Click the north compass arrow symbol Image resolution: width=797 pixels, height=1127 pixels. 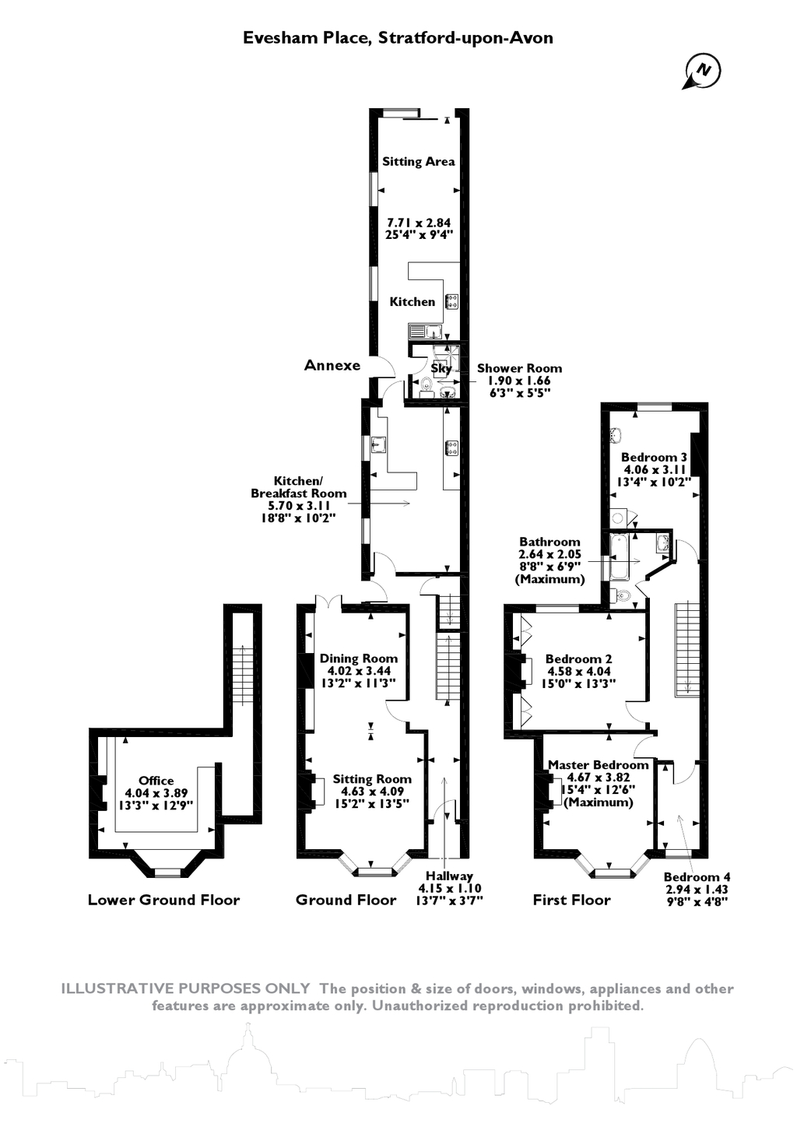(702, 72)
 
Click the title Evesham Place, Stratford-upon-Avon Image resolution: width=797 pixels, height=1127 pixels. (398, 37)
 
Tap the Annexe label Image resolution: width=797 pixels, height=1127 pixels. (332, 365)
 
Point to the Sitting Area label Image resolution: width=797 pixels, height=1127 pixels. (418, 162)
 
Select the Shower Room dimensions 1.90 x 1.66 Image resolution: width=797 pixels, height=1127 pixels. (519, 381)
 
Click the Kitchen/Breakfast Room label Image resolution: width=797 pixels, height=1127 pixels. (298, 487)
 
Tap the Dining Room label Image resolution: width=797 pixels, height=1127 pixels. (358, 658)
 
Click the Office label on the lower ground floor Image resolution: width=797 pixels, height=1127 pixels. (156, 781)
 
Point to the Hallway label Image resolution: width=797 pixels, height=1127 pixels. (449, 876)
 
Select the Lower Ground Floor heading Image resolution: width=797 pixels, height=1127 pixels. (163, 901)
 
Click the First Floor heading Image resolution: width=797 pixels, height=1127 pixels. (571, 901)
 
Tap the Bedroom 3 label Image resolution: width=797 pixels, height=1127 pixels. (654, 458)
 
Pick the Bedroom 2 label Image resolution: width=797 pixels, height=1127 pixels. (578, 658)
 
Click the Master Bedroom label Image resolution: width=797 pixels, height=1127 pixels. (598, 765)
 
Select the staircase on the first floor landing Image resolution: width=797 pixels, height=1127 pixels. (686, 648)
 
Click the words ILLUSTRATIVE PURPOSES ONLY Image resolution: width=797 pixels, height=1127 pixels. (185, 989)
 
